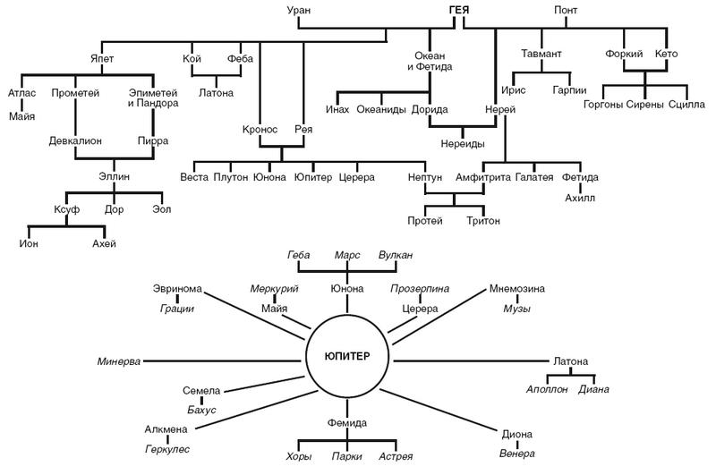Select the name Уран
299,11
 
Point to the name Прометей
73,92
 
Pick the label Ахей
105,243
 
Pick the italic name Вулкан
396,255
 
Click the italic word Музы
516,309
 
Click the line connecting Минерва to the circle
224,361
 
